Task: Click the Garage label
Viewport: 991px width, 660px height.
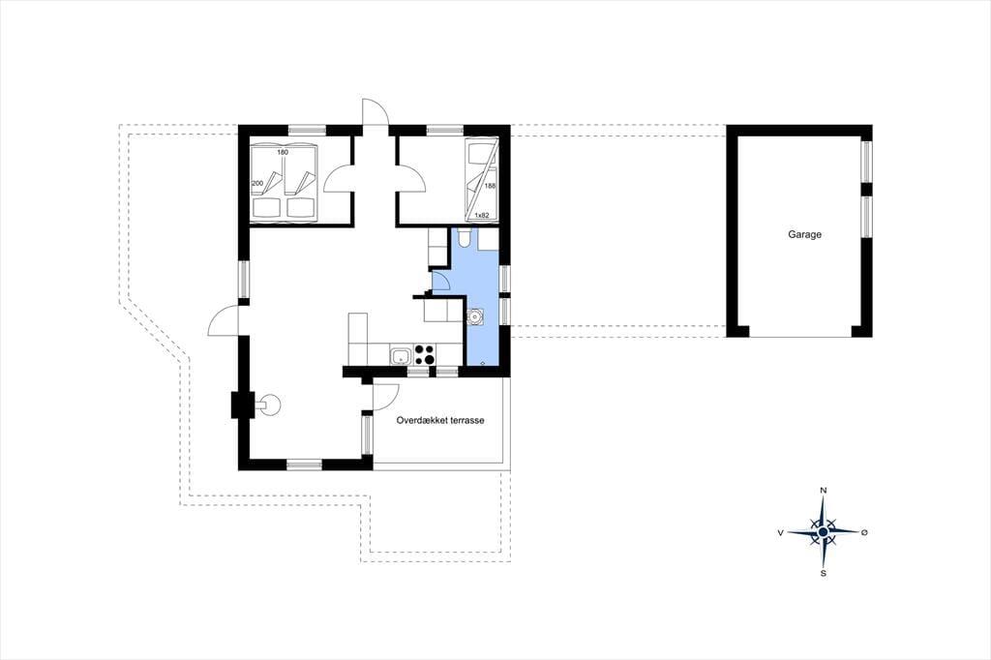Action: pos(804,234)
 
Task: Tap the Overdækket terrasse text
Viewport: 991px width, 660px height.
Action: pos(440,420)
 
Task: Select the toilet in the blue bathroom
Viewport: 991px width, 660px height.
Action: pos(464,237)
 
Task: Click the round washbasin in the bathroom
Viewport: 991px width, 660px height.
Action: pos(474,316)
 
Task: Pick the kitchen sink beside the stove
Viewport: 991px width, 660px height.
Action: pos(400,357)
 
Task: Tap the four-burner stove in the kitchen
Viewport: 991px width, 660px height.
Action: pos(424,354)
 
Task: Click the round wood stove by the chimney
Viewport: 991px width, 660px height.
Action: pos(269,405)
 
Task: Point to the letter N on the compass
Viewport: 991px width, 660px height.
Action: pos(824,491)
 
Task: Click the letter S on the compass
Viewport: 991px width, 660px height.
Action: pos(824,574)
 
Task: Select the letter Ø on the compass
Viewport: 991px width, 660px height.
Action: pos(864,533)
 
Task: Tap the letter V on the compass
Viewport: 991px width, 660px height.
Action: pos(781,533)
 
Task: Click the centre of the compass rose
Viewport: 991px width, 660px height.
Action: pos(823,533)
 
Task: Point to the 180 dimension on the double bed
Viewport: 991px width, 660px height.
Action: pos(283,152)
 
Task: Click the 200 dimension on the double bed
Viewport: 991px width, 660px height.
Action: pos(257,183)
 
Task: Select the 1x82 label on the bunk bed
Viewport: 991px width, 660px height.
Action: pos(482,216)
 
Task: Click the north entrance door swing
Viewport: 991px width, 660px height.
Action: pos(375,112)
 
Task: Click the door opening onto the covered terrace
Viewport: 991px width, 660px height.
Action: pos(385,397)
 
